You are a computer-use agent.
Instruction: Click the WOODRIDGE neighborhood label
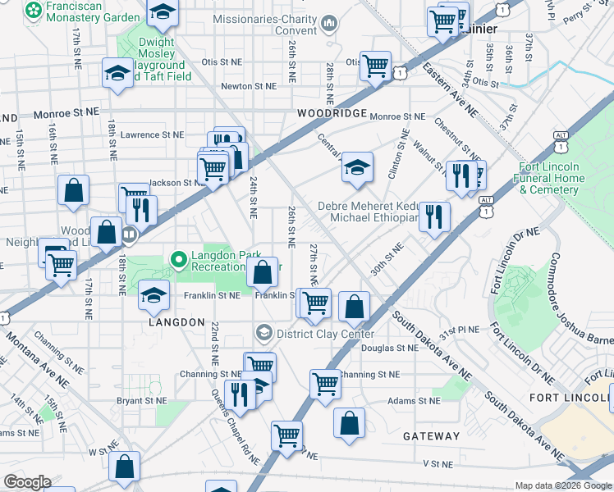pyautogui.click(x=332, y=112)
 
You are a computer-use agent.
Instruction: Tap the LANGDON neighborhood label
pyautogui.click(x=176, y=322)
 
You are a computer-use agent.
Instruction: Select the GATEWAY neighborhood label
pyautogui.click(x=431, y=436)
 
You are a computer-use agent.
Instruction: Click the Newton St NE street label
pyautogui.click(x=248, y=86)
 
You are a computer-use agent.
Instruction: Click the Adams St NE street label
pyautogui.click(x=414, y=401)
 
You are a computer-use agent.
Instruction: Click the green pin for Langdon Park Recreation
pyautogui.click(x=178, y=260)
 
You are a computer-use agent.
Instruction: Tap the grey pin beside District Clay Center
pyautogui.click(x=263, y=333)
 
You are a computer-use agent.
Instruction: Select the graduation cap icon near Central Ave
pyautogui.click(x=357, y=167)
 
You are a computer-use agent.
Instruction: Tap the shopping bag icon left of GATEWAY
pyautogui.click(x=350, y=423)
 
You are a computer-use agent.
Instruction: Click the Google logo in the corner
pyautogui.click(x=27, y=482)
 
